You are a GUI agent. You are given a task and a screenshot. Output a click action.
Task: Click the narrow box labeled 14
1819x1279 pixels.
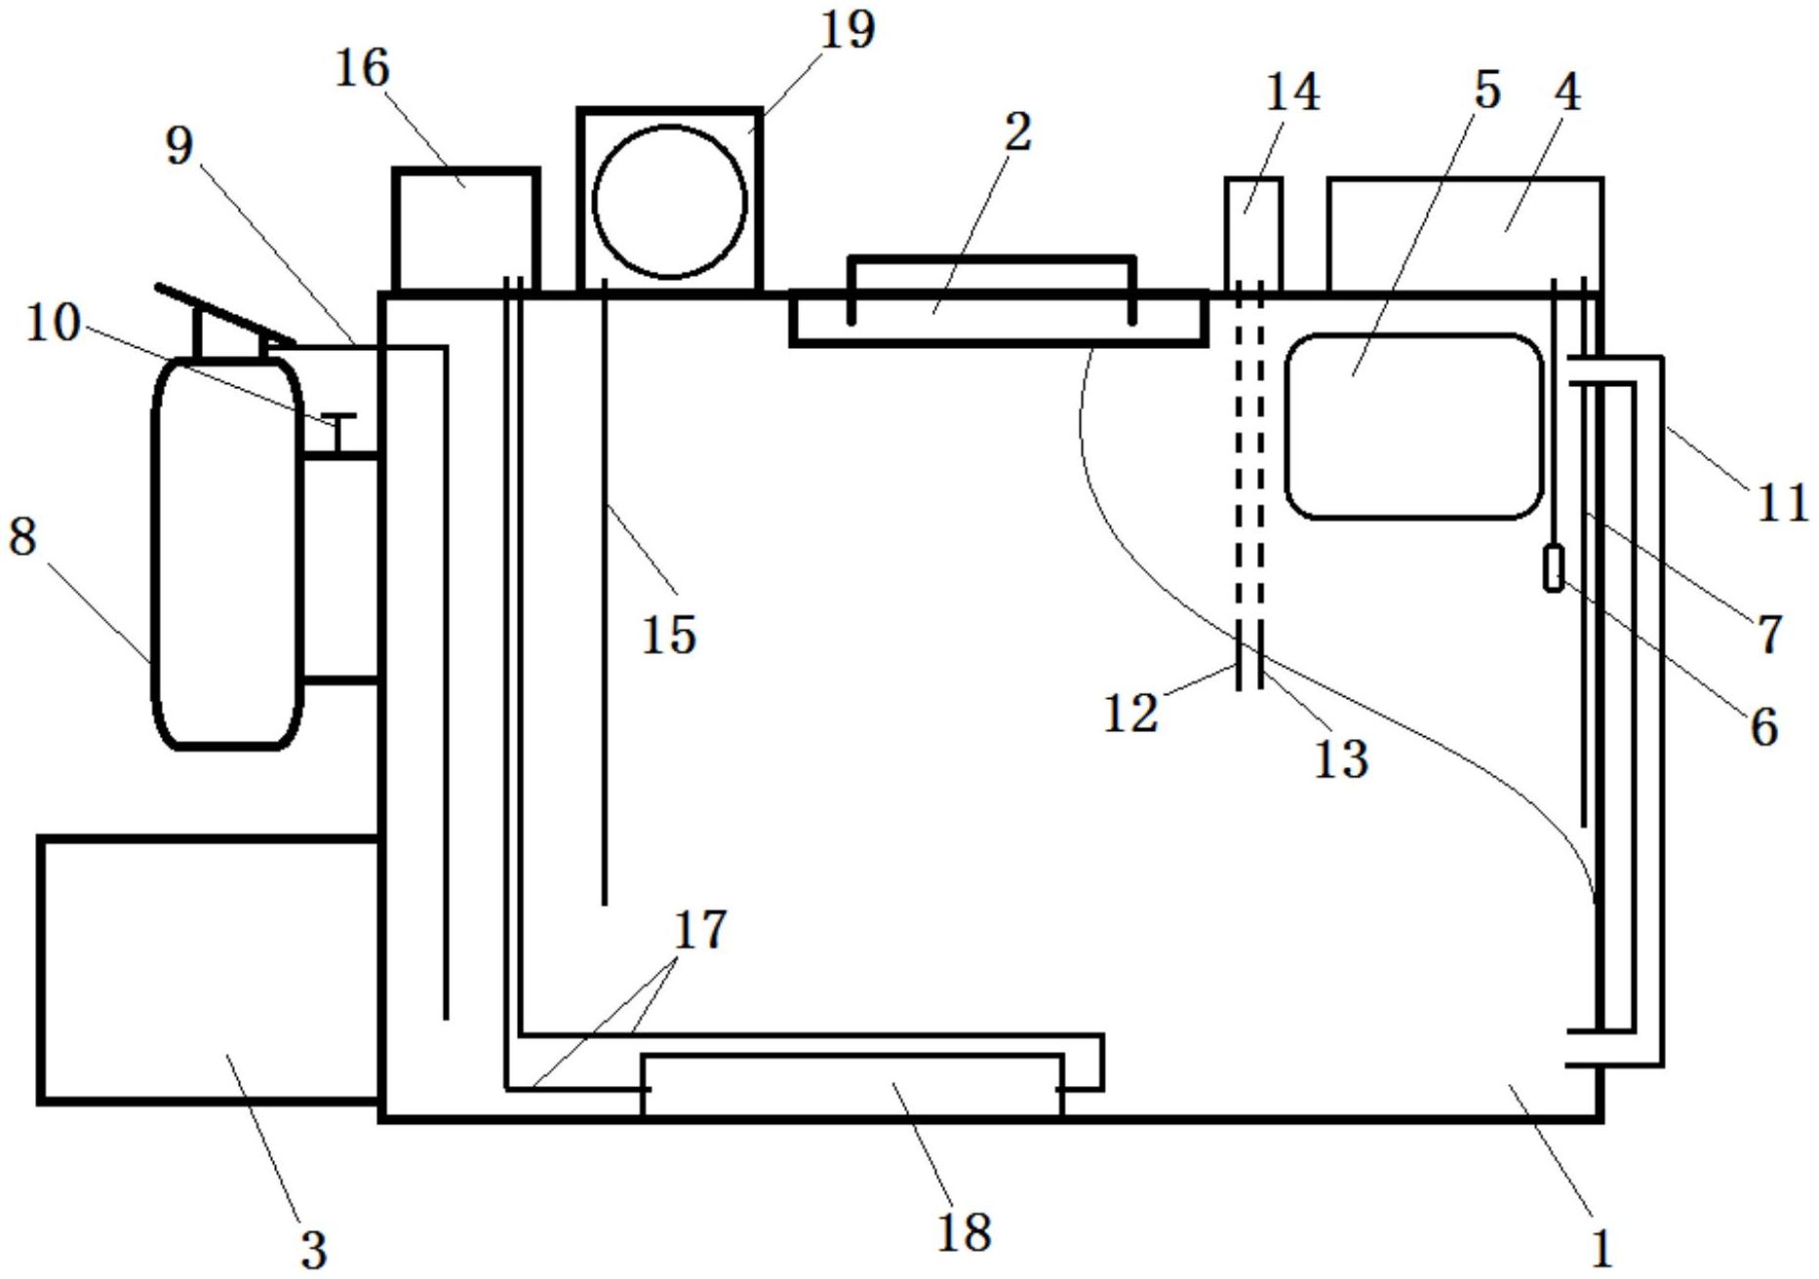click(1253, 234)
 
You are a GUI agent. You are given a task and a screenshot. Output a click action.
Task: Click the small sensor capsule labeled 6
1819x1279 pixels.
click(1554, 568)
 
